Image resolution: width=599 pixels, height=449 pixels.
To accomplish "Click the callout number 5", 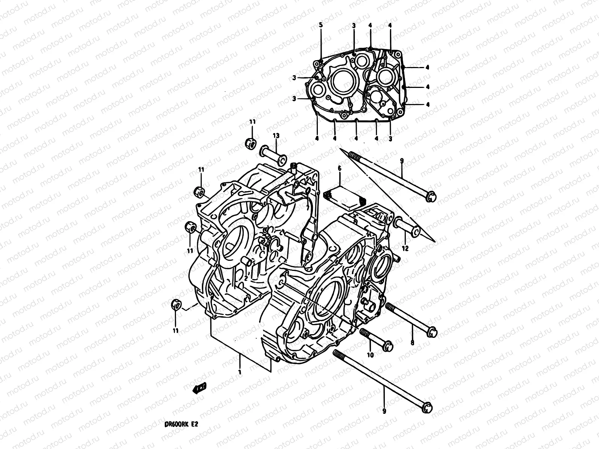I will tap(320, 25).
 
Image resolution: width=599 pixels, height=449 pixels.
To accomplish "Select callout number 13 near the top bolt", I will tap(276, 135).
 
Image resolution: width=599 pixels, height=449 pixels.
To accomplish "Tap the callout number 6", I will tap(340, 169).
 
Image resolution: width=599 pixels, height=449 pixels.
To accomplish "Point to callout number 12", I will tap(405, 248).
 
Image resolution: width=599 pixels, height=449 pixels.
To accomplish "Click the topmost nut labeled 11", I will tap(251, 143).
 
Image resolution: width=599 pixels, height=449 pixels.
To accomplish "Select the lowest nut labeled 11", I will tap(174, 305).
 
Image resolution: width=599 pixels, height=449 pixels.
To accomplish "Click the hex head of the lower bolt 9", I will tap(426, 407).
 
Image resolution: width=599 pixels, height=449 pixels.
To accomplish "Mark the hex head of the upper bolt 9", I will tap(431, 196).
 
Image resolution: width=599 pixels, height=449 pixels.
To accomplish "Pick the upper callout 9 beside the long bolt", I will tap(401, 161).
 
